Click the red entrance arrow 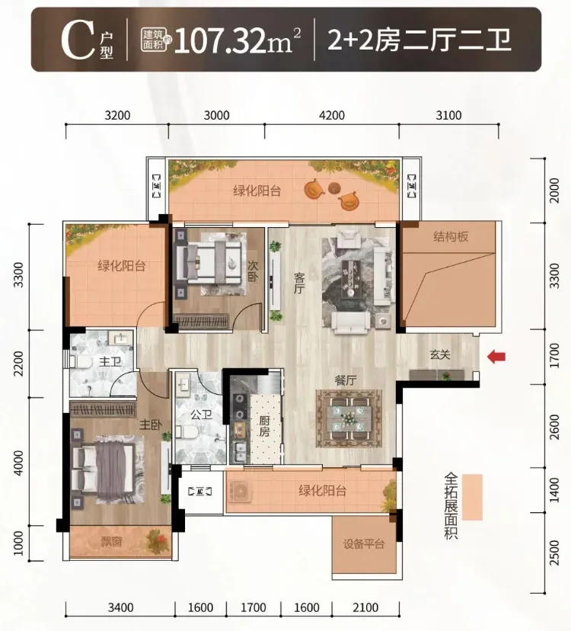click(x=496, y=356)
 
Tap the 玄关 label click(x=440, y=354)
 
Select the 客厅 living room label click(x=299, y=283)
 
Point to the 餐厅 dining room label click(x=346, y=380)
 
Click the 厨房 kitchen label click(x=264, y=427)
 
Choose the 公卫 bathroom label click(x=201, y=414)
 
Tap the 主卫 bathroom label click(x=110, y=362)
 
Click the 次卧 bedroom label click(x=253, y=271)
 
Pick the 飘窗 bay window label click(x=111, y=542)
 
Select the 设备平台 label click(x=364, y=544)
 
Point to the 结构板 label click(x=451, y=236)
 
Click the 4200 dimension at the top click(x=332, y=116)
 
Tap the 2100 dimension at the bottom click(x=365, y=607)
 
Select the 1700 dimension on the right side click(x=554, y=355)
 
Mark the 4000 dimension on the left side click(x=18, y=463)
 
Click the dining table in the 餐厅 click(x=349, y=418)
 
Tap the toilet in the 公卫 click(x=187, y=433)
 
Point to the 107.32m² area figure click(x=238, y=40)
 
